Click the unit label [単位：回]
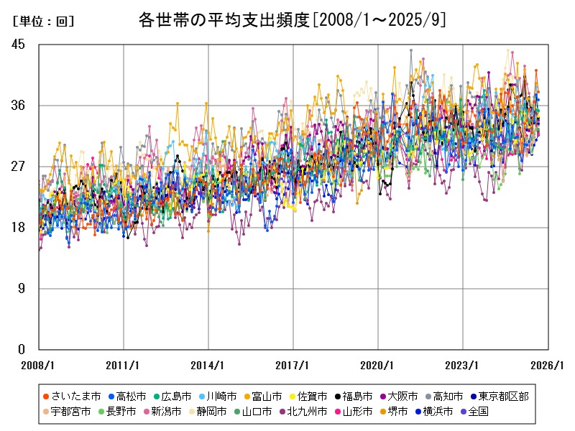coord(43,22)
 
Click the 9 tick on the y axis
coord(22,289)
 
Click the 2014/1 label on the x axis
coord(208,365)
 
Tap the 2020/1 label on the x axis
coord(378,365)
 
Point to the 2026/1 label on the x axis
coord(548,365)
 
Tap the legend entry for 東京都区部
coord(503,397)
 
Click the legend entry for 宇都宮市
coord(72,412)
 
